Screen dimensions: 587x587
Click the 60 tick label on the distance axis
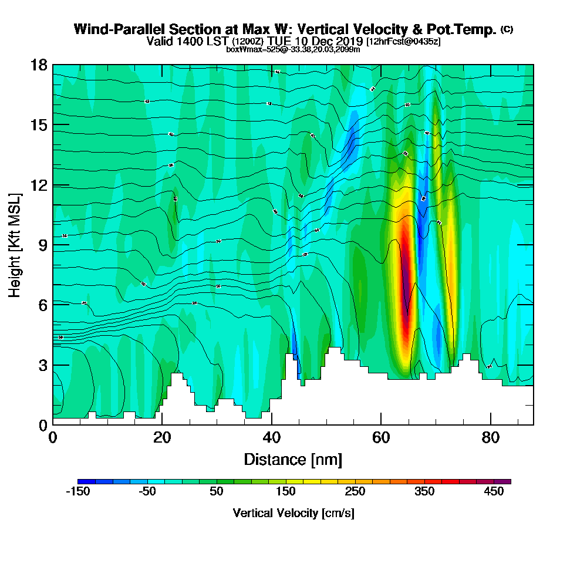[x=381, y=437]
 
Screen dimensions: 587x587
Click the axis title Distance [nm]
[x=293, y=459]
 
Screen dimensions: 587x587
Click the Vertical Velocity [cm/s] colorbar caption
[x=293, y=513]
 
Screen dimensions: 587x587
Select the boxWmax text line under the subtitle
[x=293, y=49]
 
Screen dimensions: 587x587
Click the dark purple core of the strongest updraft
[x=405, y=282]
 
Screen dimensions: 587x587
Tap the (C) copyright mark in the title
[x=507, y=29]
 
